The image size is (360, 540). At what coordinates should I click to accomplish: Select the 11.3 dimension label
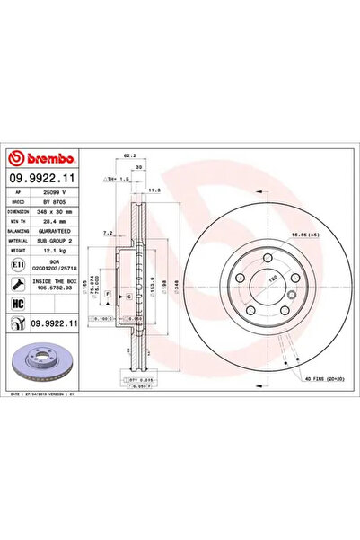pos(154,190)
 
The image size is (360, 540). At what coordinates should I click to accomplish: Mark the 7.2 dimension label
pos(108,232)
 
